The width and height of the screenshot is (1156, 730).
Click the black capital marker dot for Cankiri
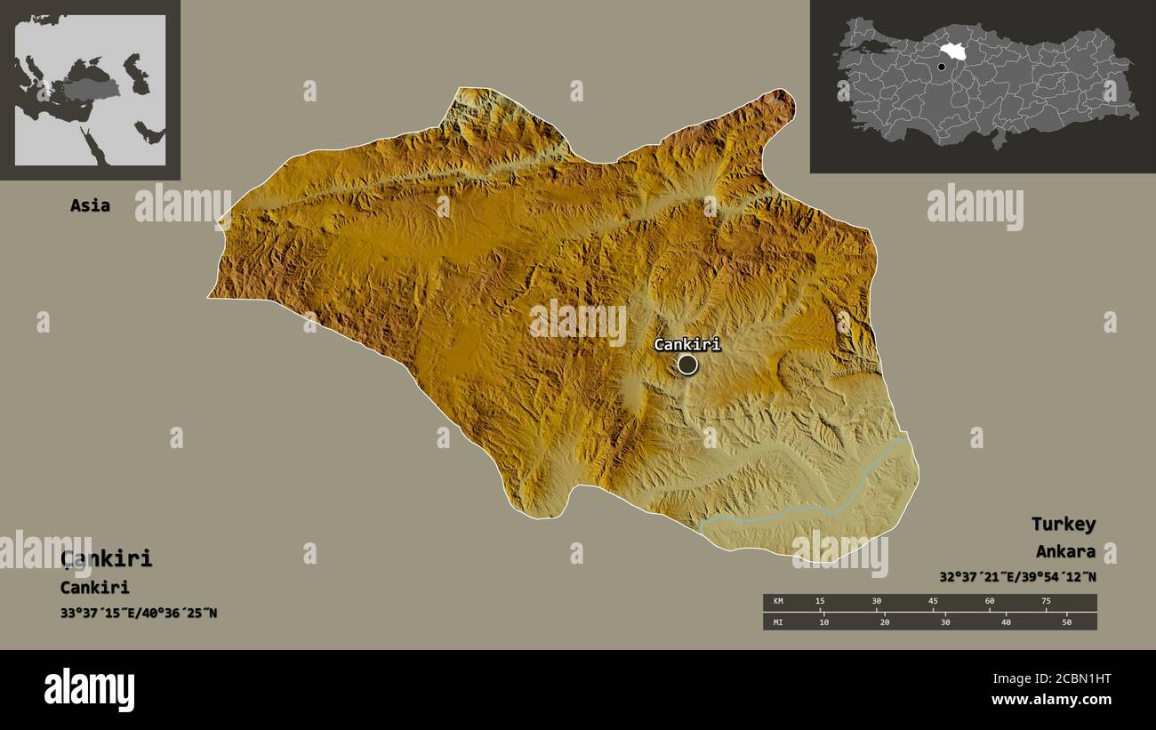click(x=687, y=365)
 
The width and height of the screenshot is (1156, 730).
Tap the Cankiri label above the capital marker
click(x=687, y=344)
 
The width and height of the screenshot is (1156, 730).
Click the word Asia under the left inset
click(x=91, y=205)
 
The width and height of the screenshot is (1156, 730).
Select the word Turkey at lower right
click(x=1063, y=524)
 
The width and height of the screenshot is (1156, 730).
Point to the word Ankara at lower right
click(x=1065, y=552)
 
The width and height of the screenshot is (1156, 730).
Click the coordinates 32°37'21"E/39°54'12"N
click(x=1017, y=577)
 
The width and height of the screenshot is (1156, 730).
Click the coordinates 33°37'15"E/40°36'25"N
click(x=139, y=613)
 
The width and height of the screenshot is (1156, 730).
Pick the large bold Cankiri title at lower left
click(x=107, y=558)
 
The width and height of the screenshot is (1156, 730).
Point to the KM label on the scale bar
click(x=778, y=602)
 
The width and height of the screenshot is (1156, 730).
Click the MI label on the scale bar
click(x=778, y=622)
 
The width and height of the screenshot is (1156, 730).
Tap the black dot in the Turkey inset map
click(x=941, y=67)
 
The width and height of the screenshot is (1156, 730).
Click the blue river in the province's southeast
click(x=800, y=509)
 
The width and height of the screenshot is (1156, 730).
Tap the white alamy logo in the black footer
click(x=89, y=690)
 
